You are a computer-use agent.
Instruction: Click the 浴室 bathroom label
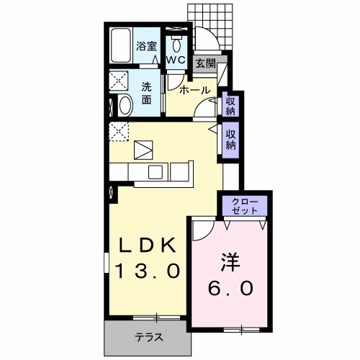147,48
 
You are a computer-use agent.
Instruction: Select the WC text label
176,60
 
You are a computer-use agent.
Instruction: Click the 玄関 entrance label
206,63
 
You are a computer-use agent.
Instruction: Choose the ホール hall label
194,90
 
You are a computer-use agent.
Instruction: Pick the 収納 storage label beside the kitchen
231,138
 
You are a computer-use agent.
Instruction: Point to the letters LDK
148,246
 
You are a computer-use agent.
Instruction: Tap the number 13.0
148,271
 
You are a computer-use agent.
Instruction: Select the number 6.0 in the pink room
231,288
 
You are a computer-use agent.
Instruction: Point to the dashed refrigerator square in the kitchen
118,131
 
